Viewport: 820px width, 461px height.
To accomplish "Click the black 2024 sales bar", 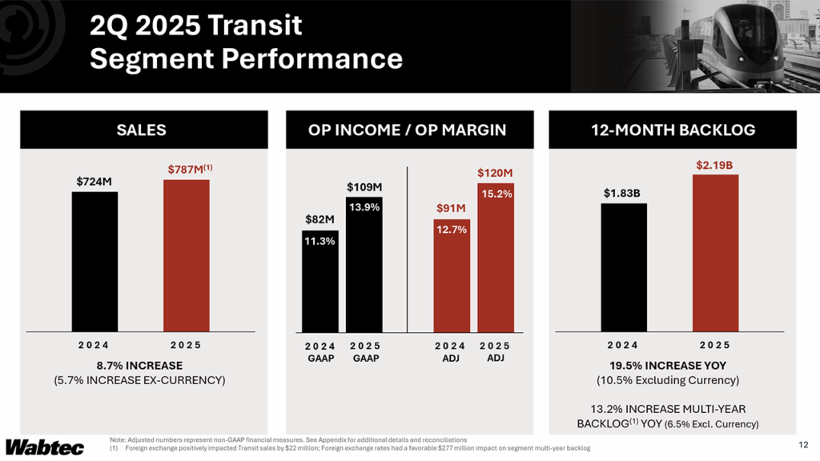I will click(94, 261).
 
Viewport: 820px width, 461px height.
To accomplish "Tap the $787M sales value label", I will click(189, 169).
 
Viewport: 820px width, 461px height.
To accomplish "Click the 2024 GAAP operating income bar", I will click(320, 281).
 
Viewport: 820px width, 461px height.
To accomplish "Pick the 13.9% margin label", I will click(364, 207).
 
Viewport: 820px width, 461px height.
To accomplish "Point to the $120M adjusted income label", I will click(495, 173).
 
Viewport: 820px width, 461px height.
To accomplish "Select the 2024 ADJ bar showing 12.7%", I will click(452, 275).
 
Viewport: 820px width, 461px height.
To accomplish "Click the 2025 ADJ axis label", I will click(496, 352).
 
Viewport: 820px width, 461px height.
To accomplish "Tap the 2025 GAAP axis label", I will click(365, 352).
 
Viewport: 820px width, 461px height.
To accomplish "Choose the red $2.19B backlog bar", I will click(715, 252).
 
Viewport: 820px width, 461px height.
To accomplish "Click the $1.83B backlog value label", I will click(624, 193).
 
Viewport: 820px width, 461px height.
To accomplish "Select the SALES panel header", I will click(142, 130).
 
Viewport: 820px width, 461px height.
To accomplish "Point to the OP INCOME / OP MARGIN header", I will click(408, 130).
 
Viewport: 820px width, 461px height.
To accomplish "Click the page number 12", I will click(803, 443).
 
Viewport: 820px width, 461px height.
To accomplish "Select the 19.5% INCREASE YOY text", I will click(669, 365).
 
